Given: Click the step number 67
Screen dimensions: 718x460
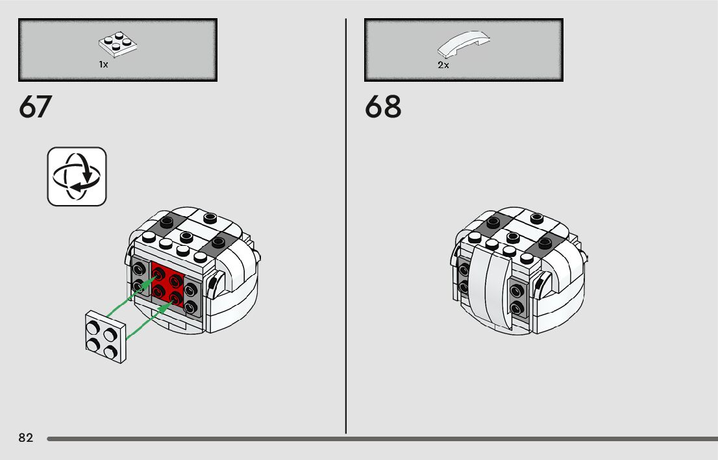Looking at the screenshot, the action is (x=35, y=107).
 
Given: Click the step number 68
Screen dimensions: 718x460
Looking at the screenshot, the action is (x=383, y=107).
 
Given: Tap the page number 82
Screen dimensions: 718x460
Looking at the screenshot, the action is (x=25, y=438).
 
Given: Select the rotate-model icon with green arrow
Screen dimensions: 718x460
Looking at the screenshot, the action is (x=77, y=176).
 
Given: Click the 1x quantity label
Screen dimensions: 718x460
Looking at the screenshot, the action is (x=103, y=64).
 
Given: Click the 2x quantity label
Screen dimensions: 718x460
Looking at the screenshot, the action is (x=443, y=65).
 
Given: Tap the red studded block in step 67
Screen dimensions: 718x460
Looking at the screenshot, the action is (x=167, y=284).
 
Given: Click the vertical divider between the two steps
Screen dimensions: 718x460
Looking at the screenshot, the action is (x=346, y=227).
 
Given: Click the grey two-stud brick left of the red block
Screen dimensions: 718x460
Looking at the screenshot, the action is (x=140, y=277).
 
